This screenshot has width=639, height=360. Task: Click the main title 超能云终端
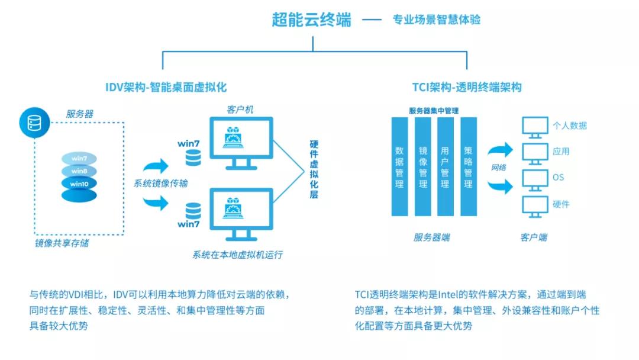point(311,20)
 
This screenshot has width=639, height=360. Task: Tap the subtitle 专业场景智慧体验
point(437,20)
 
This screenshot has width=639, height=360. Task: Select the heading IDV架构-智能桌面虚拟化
point(166,87)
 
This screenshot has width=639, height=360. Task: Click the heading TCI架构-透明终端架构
point(467,87)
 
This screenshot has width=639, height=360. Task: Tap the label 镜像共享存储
point(62,243)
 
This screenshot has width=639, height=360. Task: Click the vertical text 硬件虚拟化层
point(314,169)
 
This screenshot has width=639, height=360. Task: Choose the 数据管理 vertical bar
point(399,168)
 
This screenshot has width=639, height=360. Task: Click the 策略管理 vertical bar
point(469,168)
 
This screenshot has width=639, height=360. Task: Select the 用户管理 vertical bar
point(445,168)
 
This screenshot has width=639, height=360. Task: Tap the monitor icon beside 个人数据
point(535,127)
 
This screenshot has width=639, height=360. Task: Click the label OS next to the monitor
point(558,177)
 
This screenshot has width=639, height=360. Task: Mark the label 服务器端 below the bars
point(431,237)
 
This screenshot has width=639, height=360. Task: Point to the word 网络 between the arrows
point(499,168)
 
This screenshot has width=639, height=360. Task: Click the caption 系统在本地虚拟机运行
point(237,255)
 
